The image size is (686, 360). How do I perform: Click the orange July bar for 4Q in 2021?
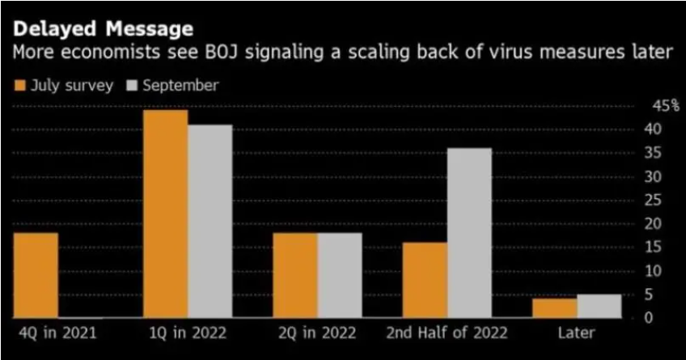click(x=36, y=275)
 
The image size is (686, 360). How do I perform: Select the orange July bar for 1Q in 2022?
click(x=165, y=214)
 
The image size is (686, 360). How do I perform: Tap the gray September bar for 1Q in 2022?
click(x=210, y=222)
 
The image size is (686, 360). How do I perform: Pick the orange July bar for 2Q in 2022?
click(x=295, y=275)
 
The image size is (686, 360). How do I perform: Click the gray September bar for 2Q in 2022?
click(x=340, y=275)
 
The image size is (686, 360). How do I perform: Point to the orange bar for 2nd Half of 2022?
click(x=425, y=280)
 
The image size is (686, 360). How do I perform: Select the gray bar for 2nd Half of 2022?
click(x=469, y=233)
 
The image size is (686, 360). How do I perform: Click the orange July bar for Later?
click(x=554, y=308)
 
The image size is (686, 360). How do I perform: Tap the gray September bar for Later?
click(x=599, y=306)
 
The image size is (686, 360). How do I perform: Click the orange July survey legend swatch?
click(x=20, y=85)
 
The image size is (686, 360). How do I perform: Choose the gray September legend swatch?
click(x=132, y=85)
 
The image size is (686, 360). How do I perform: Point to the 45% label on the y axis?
click(x=666, y=106)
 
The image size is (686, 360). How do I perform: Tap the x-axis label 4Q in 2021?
click(x=57, y=333)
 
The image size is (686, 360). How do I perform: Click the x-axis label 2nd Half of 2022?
click(x=447, y=333)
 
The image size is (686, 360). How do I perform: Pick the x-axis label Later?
click(x=577, y=333)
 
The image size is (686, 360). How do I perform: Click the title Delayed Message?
click(x=104, y=29)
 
